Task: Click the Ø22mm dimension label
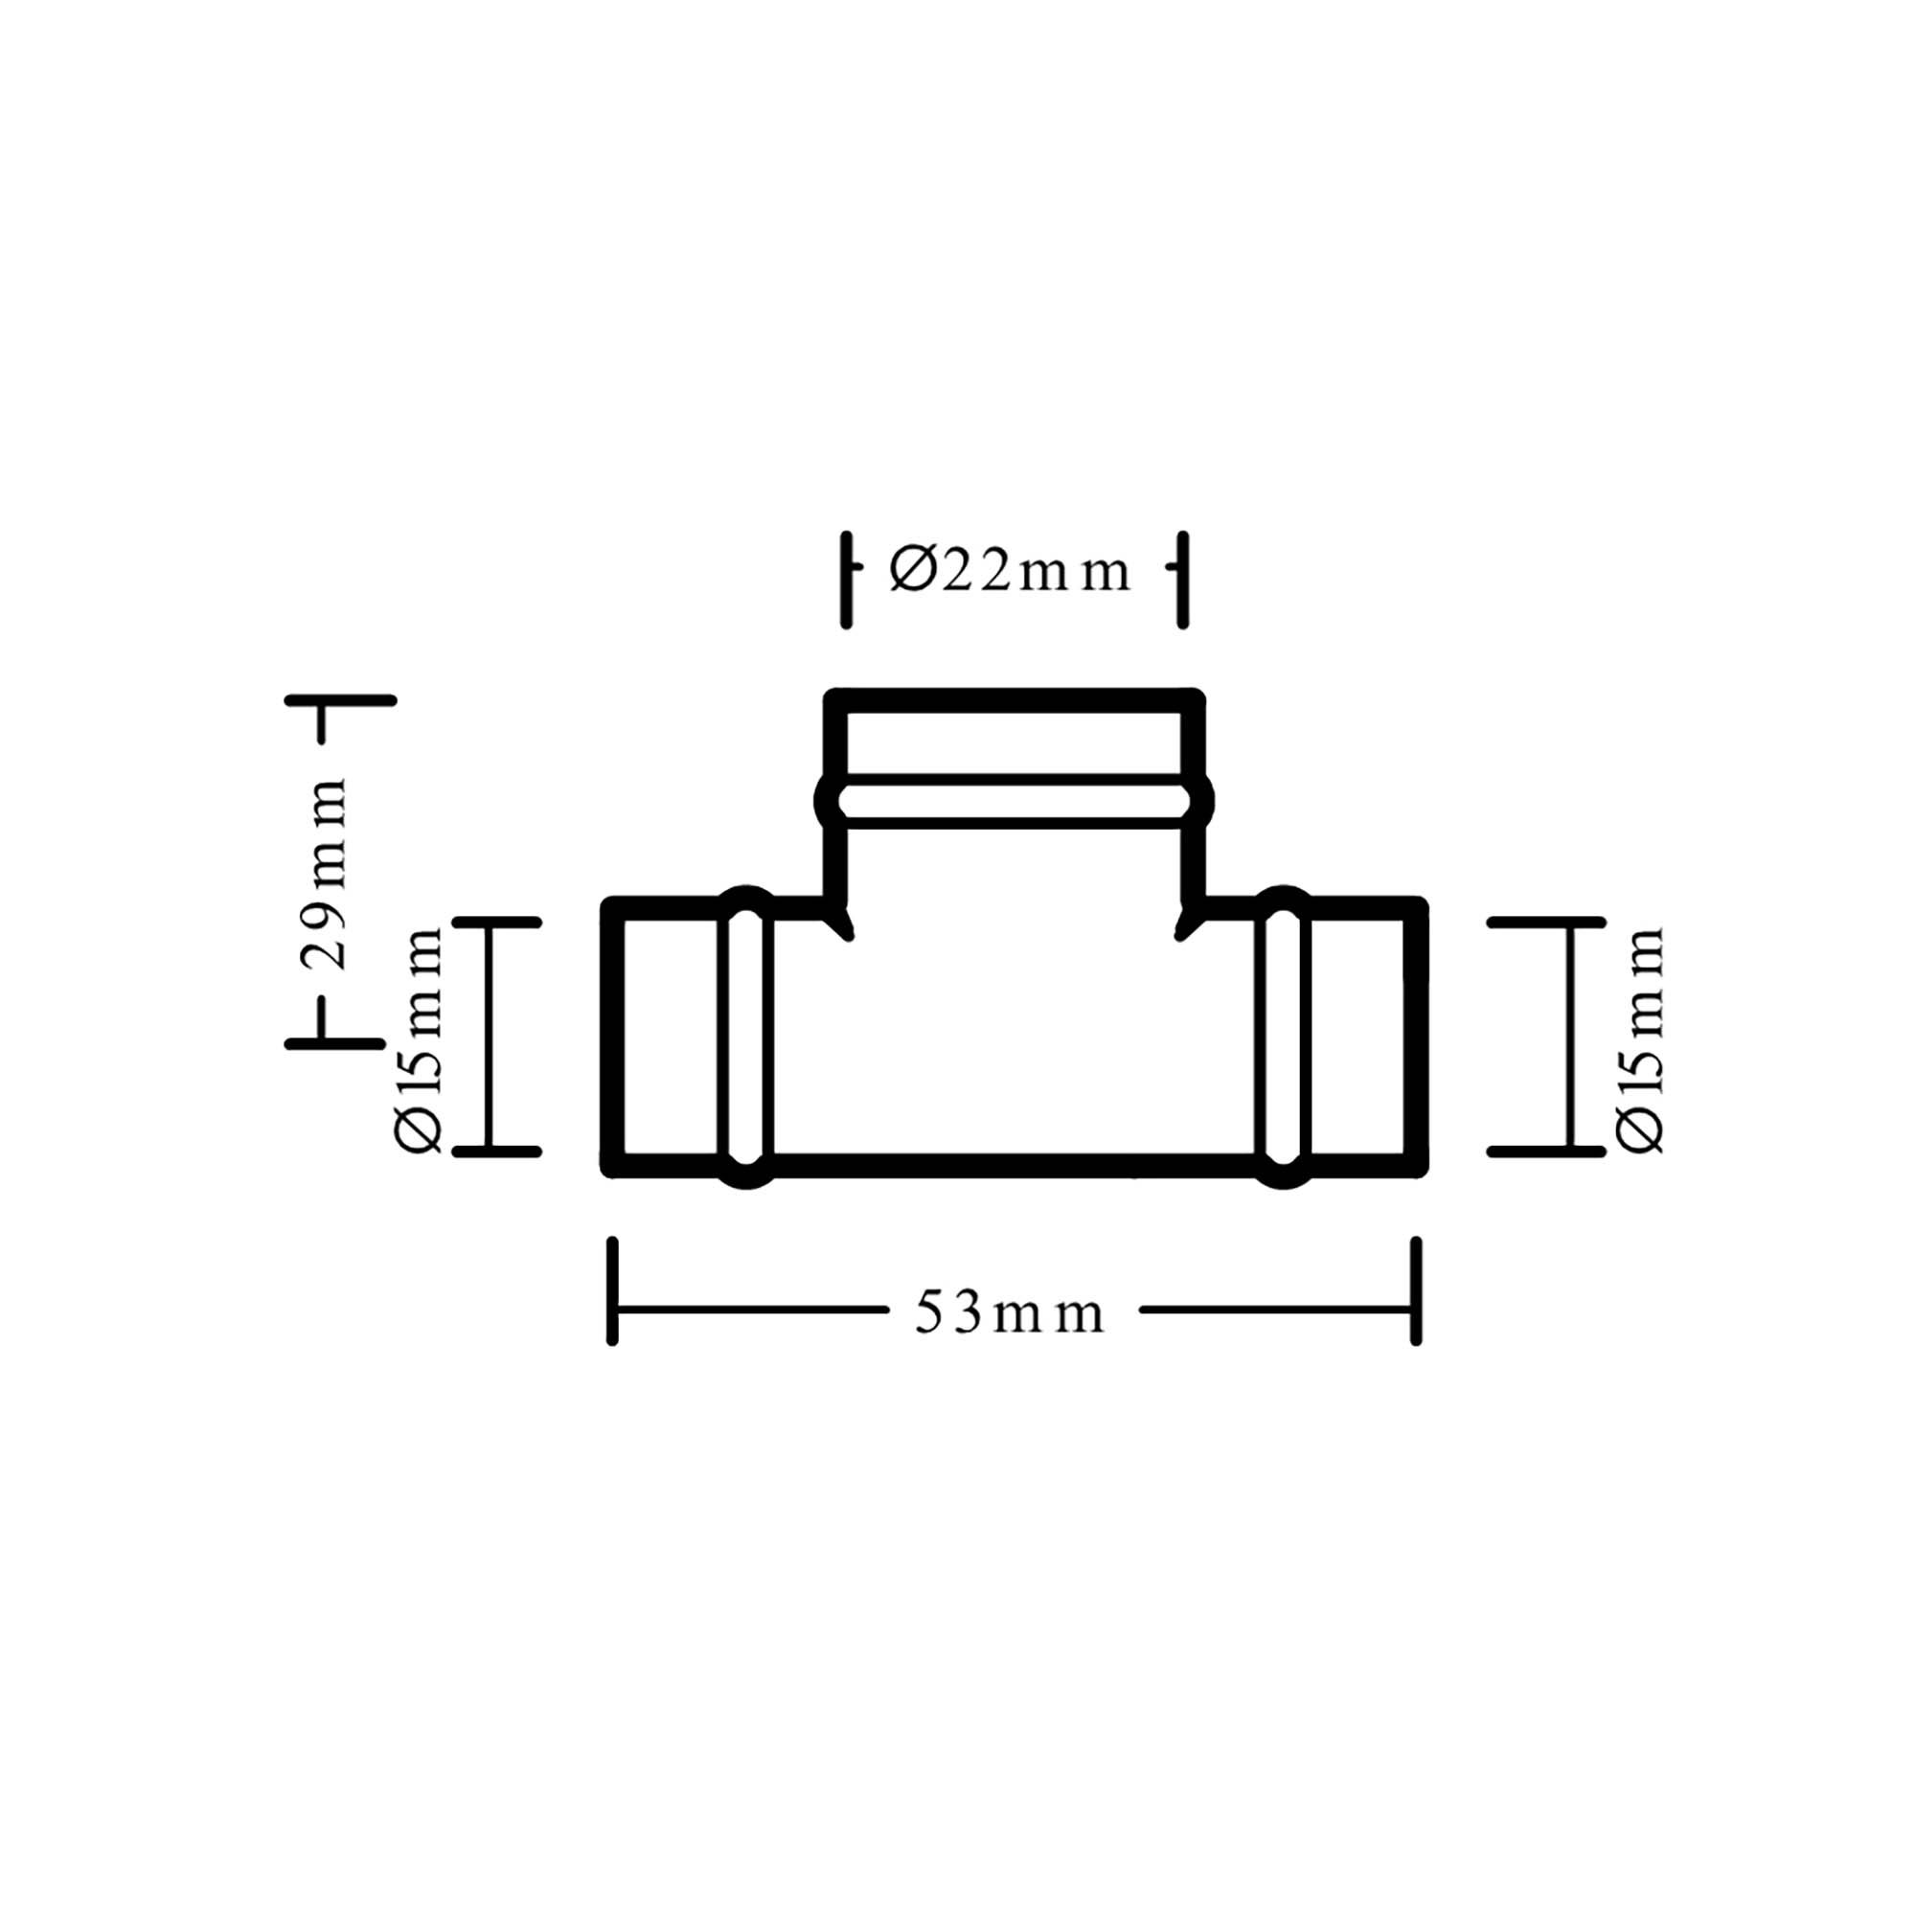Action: coord(1010,572)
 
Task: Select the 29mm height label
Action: coord(327,873)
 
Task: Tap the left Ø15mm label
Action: coord(418,1040)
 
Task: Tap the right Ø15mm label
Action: coord(1638,1040)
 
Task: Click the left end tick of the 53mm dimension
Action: coord(612,1291)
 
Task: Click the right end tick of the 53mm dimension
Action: coord(1416,1291)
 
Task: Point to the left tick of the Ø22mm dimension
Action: coord(846,581)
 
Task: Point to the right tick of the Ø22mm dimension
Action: coord(1182,581)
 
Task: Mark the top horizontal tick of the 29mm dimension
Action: coord(340,700)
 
